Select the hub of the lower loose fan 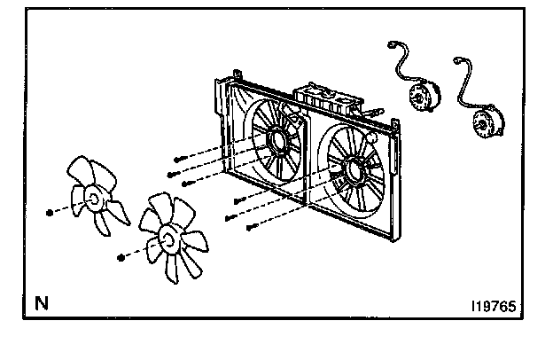coord(165,238)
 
